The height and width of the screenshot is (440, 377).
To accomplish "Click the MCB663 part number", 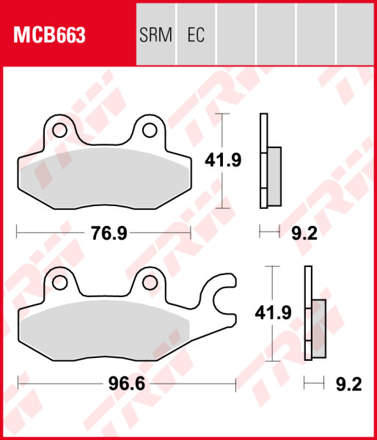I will (x=48, y=35).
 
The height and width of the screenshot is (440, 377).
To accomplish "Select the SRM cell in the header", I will (x=155, y=35).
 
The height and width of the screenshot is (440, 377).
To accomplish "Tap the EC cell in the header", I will (x=196, y=35).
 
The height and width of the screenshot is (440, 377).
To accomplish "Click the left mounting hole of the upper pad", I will (x=57, y=131).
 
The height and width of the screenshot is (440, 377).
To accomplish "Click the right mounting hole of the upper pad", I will (x=150, y=131).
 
